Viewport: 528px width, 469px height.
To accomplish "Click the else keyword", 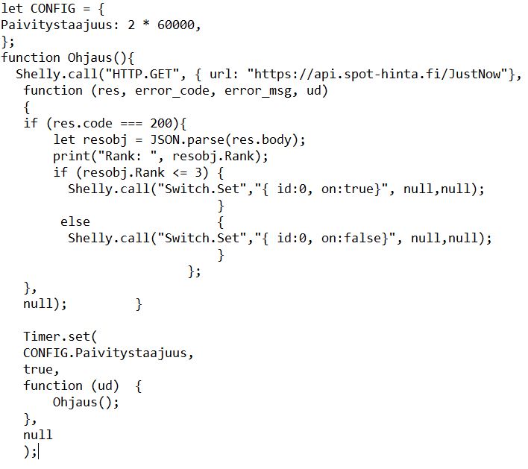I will (x=75, y=221).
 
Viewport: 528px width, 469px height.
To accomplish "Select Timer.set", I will (x=52, y=336).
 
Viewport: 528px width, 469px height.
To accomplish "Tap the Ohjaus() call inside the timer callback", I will (x=85, y=402).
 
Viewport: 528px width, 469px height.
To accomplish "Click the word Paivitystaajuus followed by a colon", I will (x=56, y=25).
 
